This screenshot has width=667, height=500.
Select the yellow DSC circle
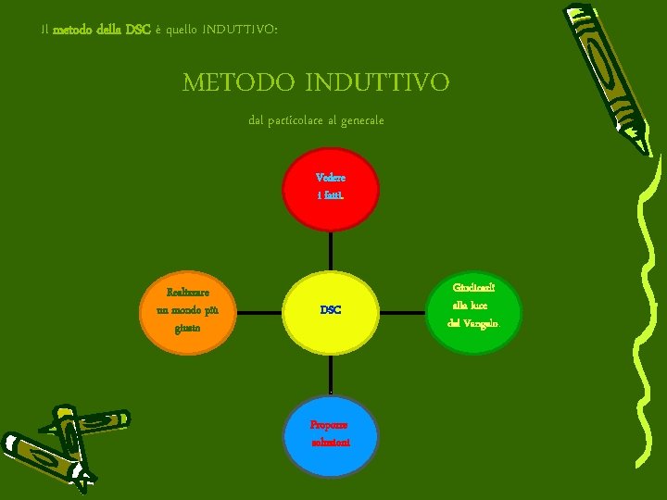tap(331, 310)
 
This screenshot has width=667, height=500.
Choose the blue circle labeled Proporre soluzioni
tap(331, 436)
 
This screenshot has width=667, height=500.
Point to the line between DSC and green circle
tap(402, 312)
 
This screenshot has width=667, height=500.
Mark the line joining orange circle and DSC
tap(259, 312)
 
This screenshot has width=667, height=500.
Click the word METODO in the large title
tap(238, 83)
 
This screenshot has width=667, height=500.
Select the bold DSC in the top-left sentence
tap(138, 30)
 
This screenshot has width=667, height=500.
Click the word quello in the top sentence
tap(190, 30)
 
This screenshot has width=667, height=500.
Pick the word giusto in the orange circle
tap(187, 327)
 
